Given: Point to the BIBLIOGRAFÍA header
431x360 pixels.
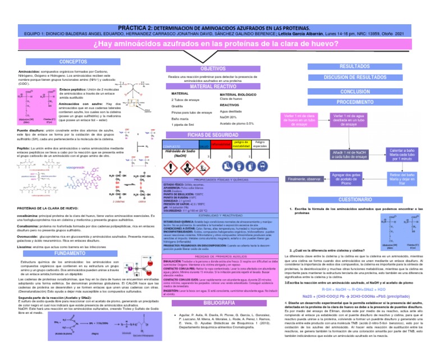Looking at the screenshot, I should click(x=215, y=303).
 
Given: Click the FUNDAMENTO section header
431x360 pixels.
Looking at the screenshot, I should click(x=74, y=238).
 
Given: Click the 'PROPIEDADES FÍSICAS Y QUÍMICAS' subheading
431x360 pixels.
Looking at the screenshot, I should click(x=215, y=179).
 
